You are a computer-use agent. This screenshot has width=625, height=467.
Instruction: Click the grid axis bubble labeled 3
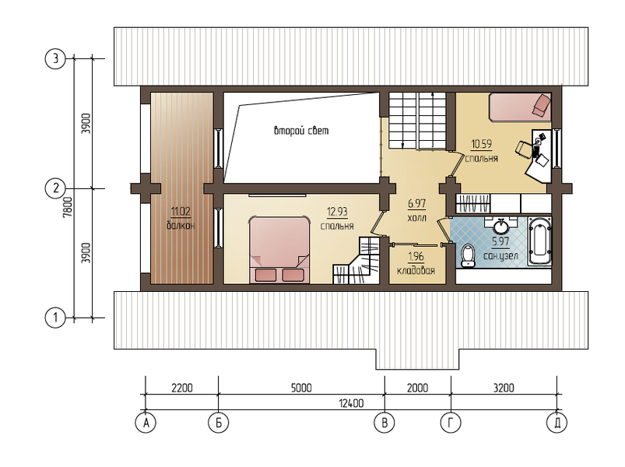pos(55,58)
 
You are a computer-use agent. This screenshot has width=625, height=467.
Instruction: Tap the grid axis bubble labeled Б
pos(219,423)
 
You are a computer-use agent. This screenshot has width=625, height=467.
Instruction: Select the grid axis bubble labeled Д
pos(557,423)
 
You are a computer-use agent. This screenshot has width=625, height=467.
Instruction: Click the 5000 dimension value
pos(301,388)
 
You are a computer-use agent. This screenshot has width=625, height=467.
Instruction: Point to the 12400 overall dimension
pos(351,403)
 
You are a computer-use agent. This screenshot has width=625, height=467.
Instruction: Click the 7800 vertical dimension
pos(68,206)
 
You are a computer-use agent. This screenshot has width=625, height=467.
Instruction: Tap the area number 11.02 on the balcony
pos(181,211)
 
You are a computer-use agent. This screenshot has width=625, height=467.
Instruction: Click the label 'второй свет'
pos(301,131)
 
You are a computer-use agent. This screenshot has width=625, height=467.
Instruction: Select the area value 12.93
pos(337,212)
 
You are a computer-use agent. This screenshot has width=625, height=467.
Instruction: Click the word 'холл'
pos(417,218)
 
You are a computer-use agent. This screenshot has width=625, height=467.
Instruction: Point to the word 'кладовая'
pos(416,271)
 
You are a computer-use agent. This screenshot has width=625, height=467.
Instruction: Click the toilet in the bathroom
pos(467,255)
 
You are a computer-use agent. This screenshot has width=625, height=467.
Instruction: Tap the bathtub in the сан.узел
pos(539,241)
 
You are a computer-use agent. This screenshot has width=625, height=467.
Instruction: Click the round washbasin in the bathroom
pos(501,226)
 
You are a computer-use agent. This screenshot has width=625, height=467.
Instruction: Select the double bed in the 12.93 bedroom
pos(279,249)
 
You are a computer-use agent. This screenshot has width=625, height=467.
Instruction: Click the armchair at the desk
pos(525,148)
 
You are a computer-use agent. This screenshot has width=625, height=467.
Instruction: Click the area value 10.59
pos(482,143)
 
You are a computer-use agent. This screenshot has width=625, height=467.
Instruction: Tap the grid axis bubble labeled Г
pos(451,423)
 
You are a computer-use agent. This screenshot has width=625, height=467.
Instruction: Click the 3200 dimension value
pos(504,388)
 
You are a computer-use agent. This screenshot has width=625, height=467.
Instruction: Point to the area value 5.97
pos(500,241)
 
